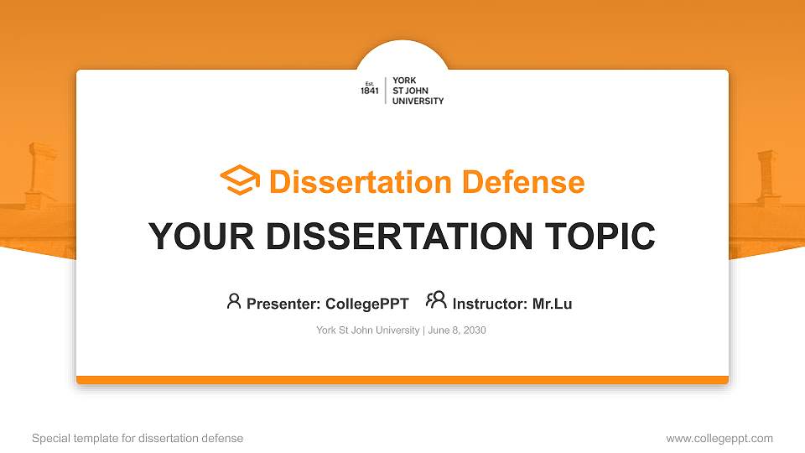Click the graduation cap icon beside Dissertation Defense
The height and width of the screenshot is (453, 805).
coord(240,180)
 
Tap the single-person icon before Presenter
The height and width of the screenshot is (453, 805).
coord(234,301)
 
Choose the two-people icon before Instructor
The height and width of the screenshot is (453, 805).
coord(436,300)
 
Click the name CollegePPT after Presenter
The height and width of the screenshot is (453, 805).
coord(367,304)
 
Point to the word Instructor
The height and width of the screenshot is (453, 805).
coord(490,304)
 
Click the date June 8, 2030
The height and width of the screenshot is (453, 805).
coord(457,331)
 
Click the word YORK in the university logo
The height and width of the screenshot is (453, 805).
coord(404,81)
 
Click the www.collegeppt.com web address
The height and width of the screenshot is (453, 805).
coord(719,439)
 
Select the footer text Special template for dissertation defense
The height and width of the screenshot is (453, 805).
coord(138,439)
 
